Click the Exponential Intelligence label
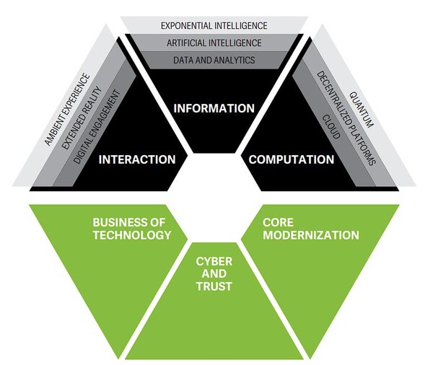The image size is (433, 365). [214, 25]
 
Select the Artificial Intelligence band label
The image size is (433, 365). [214, 43]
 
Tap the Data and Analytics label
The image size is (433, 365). [214, 60]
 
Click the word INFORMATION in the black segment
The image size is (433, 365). [214, 109]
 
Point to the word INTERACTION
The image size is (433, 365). [136, 159]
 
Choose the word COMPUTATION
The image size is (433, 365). [291, 159]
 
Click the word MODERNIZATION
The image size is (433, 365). [310, 235]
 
